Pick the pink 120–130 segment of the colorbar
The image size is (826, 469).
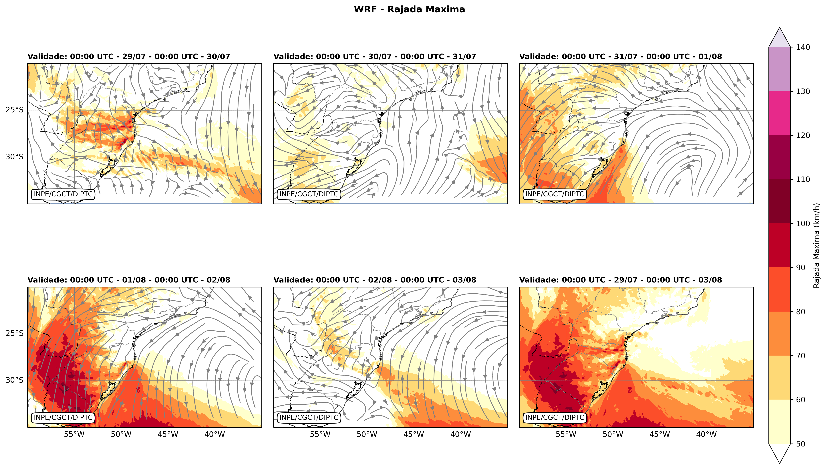780,113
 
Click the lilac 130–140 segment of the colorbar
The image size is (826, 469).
780,69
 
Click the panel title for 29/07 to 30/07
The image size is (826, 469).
129,57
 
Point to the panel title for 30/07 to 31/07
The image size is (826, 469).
375,57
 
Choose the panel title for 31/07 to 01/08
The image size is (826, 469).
620,57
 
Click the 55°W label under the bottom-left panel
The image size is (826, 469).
74,434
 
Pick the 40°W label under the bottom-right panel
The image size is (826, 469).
706,434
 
